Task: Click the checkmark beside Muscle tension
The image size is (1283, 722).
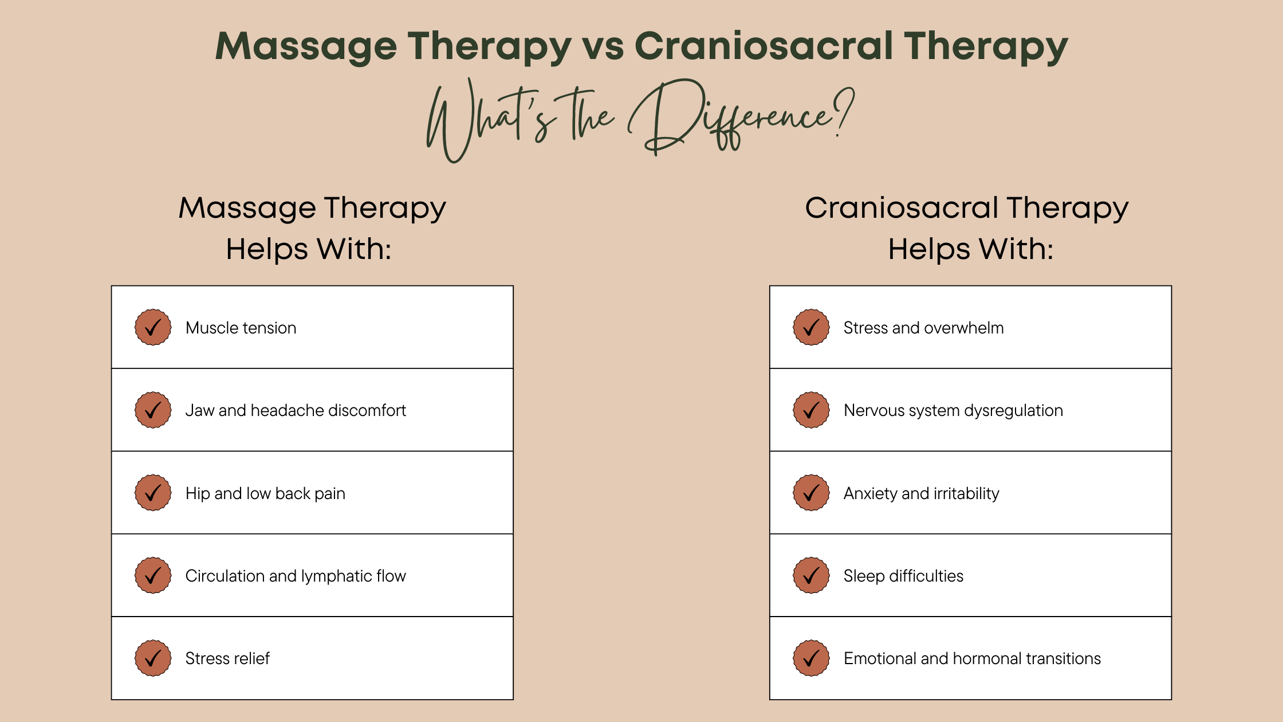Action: coord(153,327)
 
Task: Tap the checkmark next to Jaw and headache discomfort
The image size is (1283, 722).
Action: coord(153,410)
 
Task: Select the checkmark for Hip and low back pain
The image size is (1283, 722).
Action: coord(153,493)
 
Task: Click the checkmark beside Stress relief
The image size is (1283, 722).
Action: coord(153,658)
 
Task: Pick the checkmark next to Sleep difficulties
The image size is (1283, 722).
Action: coord(811,575)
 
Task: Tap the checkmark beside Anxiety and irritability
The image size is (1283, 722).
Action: coord(811,493)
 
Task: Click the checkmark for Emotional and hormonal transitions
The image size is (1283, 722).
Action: coord(811,658)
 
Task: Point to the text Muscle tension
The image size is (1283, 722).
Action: coord(241,328)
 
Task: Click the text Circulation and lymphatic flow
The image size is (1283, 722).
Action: coord(296,576)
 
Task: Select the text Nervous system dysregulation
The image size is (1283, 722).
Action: coord(953,410)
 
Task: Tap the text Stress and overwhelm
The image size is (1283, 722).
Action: coord(923,328)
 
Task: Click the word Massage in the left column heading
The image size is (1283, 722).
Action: coord(247,207)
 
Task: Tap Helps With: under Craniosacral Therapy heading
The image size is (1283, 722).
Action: coord(970,249)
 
